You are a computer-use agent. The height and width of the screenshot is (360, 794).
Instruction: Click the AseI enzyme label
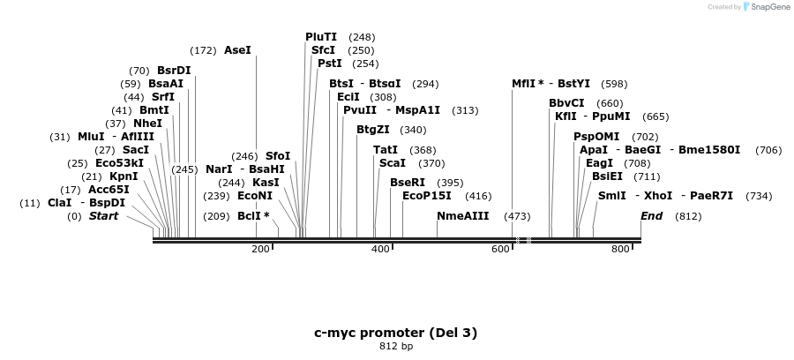[237, 50]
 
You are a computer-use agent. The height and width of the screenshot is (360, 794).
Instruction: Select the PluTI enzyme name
[321, 37]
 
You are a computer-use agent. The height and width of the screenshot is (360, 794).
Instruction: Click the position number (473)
[517, 216]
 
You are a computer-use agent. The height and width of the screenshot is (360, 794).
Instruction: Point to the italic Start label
[103, 216]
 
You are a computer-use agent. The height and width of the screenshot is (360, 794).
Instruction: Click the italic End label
[651, 216]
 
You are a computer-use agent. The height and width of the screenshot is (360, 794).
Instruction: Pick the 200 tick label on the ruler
[260, 249]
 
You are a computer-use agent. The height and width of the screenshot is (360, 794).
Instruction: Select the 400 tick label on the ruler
[380, 249]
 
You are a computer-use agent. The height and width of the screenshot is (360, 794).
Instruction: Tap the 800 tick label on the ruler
[620, 249]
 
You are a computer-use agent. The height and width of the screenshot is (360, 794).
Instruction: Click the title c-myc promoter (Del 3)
[396, 333]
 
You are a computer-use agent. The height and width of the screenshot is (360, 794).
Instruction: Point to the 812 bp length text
[396, 346]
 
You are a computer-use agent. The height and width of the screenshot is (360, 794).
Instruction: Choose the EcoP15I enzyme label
[426, 196]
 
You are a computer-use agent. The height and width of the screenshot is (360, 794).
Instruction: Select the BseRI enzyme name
[408, 183]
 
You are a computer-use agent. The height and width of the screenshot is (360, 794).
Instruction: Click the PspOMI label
[596, 137]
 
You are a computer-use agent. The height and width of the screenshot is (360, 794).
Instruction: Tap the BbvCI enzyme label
[566, 103]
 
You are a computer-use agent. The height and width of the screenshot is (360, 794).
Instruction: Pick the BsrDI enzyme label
[174, 71]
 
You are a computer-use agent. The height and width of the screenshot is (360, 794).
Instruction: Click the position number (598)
[614, 84]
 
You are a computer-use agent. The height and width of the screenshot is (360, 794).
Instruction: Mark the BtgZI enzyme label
[373, 130]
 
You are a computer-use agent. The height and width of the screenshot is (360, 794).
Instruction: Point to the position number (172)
[203, 50]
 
